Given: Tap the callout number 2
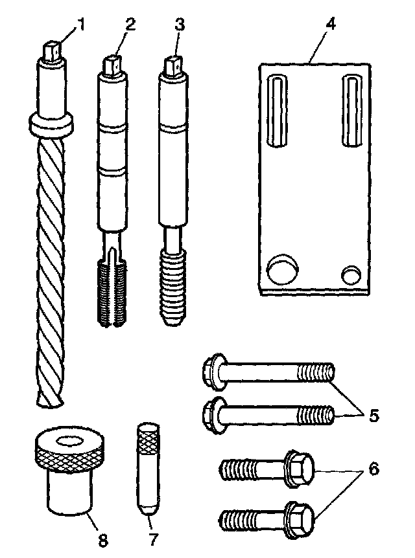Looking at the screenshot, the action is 130,25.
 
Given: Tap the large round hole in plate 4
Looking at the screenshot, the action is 283,270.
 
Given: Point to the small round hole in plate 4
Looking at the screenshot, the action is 352,274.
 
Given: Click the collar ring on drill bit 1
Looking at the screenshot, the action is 50,124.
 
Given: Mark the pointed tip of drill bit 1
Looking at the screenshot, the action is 51,403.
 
